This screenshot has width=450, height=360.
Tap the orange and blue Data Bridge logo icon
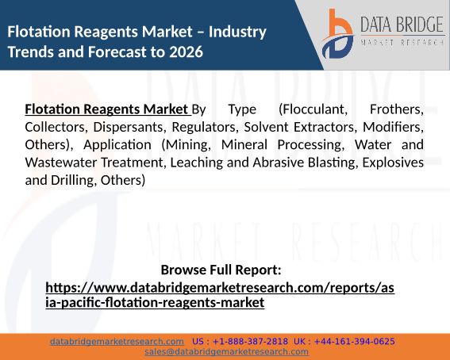(338, 34)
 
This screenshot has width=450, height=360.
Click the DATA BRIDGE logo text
(402, 25)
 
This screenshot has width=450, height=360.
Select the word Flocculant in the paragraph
(313, 109)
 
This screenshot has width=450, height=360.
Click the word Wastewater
(61, 163)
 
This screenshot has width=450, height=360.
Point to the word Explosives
(393, 163)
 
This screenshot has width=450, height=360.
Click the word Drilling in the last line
(74, 181)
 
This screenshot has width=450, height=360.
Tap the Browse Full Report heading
(221, 270)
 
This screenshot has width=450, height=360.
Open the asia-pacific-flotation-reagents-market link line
(155, 303)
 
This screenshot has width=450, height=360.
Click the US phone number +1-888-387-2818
(250, 342)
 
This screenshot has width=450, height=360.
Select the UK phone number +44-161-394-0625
(355, 342)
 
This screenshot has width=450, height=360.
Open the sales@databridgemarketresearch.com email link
(226, 352)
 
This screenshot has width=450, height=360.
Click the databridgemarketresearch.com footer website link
(117, 342)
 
